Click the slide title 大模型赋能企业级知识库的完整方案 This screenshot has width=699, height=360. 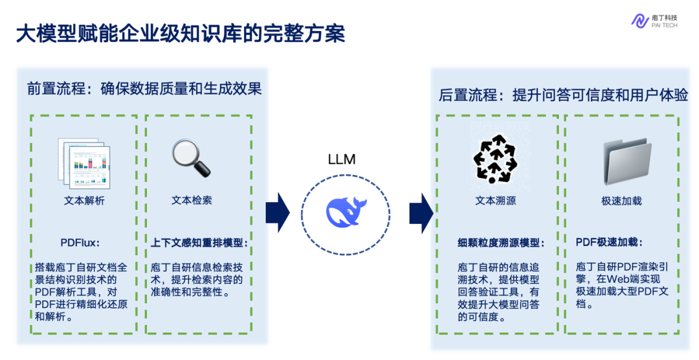click(x=181, y=34)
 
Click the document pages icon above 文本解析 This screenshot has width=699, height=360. click(x=84, y=162)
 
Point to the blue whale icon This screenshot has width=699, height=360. click(x=346, y=211)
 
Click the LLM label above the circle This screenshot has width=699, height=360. click(x=342, y=159)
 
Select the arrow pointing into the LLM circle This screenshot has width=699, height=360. click(x=277, y=212)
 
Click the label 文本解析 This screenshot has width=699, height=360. click(x=84, y=201)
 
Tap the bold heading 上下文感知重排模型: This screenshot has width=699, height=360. click(x=199, y=243)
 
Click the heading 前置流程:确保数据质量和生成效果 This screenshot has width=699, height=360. click(x=144, y=89)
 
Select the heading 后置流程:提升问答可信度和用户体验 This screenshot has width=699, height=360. click(x=563, y=95)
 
